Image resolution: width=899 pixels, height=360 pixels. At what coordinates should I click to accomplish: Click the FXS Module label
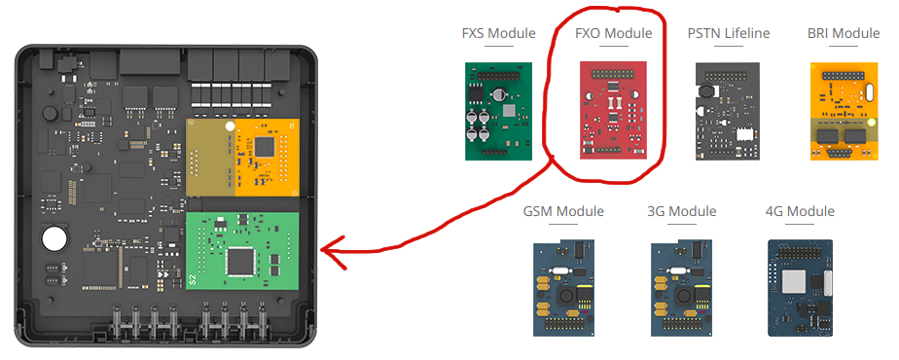click(x=498, y=33)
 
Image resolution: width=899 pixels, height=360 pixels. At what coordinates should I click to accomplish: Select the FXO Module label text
click(x=614, y=33)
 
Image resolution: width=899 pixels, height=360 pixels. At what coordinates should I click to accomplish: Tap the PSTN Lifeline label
click(x=729, y=33)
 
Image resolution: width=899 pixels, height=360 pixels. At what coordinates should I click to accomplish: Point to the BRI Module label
click(x=844, y=33)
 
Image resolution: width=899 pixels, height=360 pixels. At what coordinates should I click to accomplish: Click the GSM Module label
click(x=563, y=211)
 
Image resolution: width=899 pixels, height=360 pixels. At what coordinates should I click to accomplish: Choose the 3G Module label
click(x=682, y=211)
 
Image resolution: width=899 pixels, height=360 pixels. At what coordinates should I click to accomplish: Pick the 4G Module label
click(x=800, y=211)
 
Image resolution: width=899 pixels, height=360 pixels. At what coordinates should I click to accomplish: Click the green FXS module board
click(x=498, y=111)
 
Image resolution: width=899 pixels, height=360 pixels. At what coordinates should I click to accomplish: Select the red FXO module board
click(x=614, y=110)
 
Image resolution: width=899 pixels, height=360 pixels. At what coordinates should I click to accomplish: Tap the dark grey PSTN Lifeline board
click(x=730, y=111)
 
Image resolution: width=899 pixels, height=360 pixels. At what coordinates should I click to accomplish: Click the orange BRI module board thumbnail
click(x=844, y=111)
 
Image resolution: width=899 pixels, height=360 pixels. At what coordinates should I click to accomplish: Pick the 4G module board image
click(x=801, y=288)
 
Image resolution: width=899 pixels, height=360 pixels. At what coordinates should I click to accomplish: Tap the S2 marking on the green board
click(x=192, y=279)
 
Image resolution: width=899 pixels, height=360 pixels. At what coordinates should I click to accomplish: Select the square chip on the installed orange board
click(x=265, y=146)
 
